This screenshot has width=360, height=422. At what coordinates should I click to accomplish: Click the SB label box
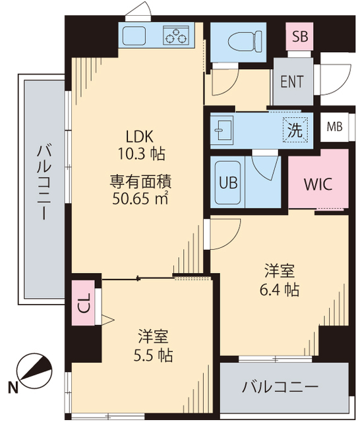(x=299, y=37)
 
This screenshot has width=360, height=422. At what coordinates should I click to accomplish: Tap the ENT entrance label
(x=293, y=82)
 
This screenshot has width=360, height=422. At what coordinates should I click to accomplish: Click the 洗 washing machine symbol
(x=295, y=130)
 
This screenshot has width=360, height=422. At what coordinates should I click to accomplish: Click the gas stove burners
(x=177, y=36)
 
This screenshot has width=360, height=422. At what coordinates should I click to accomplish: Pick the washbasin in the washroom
(x=223, y=129)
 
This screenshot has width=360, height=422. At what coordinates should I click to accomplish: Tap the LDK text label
(x=140, y=137)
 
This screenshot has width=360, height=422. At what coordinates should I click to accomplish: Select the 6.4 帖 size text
(x=280, y=289)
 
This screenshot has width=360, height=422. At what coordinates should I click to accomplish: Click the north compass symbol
(x=32, y=371)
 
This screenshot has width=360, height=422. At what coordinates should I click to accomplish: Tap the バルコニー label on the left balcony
(x=43, y=183)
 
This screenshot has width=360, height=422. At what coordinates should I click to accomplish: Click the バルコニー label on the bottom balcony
(x=280, y=386)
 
